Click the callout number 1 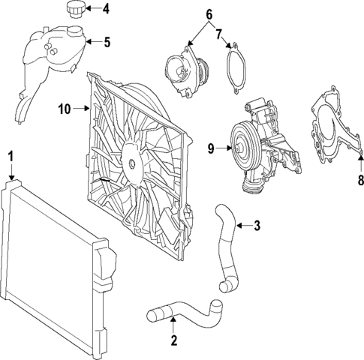click(11, 156)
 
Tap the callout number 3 click(257, 224)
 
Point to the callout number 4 click(106, 10)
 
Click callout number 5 click(106, 42)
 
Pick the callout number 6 click(209, 14)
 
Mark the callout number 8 click(359, 179)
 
